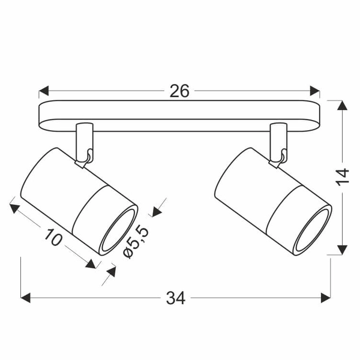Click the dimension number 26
point(179,91)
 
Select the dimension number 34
point(176,297)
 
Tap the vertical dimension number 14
point(341,177)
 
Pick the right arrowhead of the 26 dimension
point(315,91)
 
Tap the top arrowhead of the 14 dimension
point(342,106)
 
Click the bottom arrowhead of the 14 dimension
point(342,250)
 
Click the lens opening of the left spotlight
point(118,230)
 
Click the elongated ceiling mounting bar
point(180,116)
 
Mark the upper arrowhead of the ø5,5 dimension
point(157,210)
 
